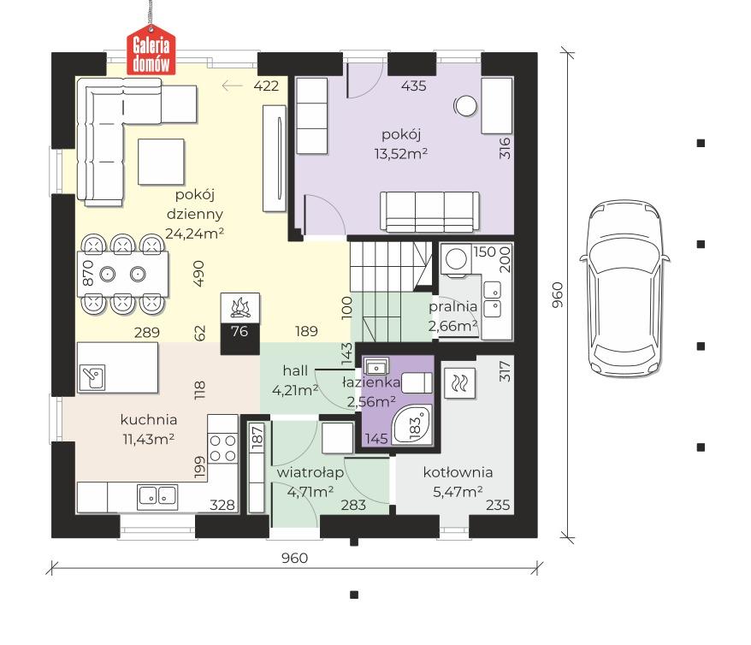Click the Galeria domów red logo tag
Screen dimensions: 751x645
[x=151, y=54]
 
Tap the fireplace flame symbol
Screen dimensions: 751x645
[x=240, y=308]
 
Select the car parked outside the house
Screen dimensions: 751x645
[x=624, y=288]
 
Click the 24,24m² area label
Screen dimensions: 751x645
[x=194, y=234]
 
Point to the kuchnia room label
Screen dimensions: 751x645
[x=149, y=419]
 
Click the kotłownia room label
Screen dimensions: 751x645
[x=458, y=472]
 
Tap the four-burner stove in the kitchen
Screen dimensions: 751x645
[x=222, y=447]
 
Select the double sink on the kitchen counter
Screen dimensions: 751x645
[x=157, y=495]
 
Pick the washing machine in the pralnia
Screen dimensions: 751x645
[x=456, y=259]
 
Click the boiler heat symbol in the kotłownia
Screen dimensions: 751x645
[x=460, y=383]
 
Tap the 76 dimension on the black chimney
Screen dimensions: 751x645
[x=239, y=331]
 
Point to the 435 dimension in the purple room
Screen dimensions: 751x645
[x=414, y=86]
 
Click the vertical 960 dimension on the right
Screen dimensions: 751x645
[x=558, y=295]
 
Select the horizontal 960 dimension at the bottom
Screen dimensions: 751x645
[x=294, y=558]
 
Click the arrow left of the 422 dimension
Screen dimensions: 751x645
[x=233, y=86]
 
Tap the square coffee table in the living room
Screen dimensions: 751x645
[x=161, y=162]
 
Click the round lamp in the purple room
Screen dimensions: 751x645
[x=465, y=106]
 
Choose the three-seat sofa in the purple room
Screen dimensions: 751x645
[x=429, y=211]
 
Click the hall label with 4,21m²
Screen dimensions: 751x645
[x=295, y=380]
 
